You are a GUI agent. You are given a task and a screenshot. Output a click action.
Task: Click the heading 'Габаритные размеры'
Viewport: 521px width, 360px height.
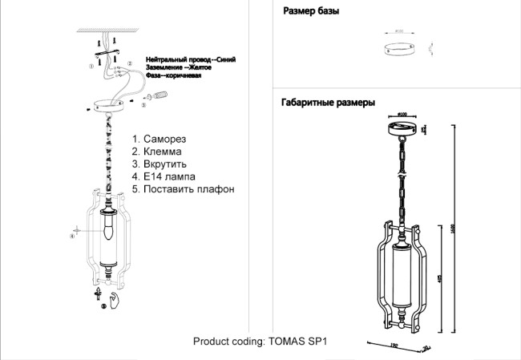click(328, 103)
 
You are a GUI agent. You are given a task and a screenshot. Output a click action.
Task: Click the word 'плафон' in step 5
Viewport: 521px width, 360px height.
click(216, 189)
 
